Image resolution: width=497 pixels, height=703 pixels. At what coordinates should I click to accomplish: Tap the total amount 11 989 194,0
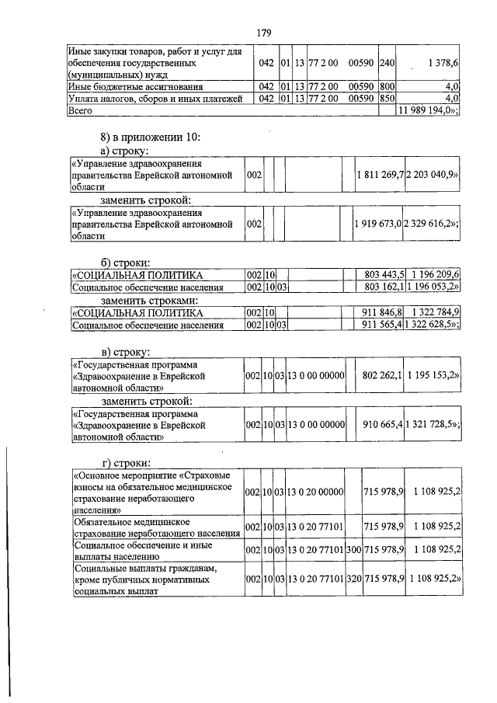pyautogui.click(x=429, y=111)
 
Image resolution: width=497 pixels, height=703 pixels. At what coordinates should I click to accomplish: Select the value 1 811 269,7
pyautogui.click(x=378, y=176)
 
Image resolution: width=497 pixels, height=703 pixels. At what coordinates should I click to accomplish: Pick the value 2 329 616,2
pyautogui.click(x=432, y=223)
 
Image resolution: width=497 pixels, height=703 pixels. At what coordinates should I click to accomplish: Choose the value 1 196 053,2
pyautogui.click(x=434, y=287)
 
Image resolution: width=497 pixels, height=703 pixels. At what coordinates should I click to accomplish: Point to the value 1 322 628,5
pyautogui.click(x=433, y=325)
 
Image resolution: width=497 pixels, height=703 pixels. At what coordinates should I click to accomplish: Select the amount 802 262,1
pyautogui.click(x=381, y=376)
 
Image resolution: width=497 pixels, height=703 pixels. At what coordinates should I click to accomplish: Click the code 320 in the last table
pyautogui.click(x=354, y=579)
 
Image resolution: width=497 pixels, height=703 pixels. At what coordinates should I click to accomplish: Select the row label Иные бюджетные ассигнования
pyautogui.click(x=137, y=87)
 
